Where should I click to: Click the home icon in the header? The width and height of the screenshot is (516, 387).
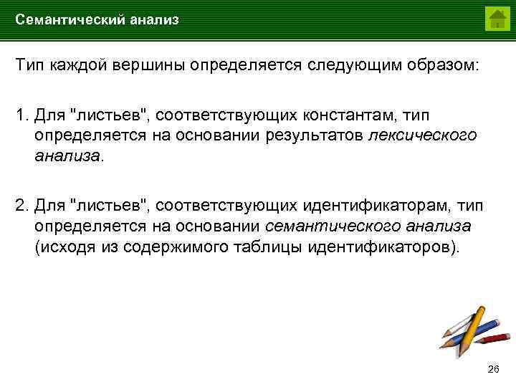(496, 18)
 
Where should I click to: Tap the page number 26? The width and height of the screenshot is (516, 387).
(492, 369)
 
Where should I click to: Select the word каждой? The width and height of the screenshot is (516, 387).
(80, 66)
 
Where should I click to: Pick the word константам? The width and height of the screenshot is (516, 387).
(347, 115)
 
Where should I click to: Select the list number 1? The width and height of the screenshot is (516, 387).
(21, 115)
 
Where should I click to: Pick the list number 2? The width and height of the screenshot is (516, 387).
(21, 206)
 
